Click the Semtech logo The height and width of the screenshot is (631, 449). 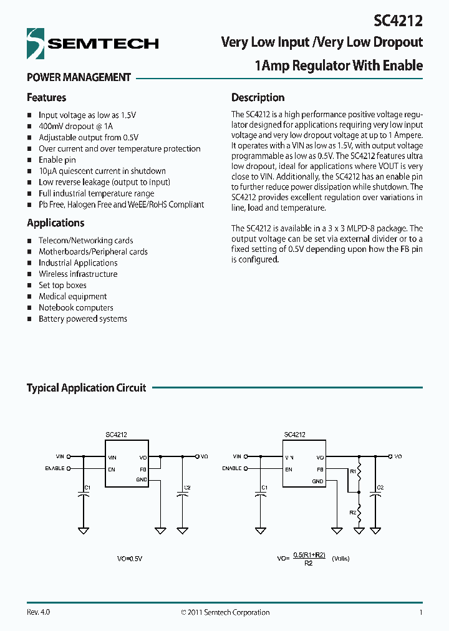click(x=92, y=44)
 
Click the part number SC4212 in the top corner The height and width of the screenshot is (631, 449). click(x=398, y=21)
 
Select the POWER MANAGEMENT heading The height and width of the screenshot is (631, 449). click(x=79, y=77)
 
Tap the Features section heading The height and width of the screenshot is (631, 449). click(x=46, y=97)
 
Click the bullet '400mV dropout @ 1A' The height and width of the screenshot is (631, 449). click(x=77, y=126)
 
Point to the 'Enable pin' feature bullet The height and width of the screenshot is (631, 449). click(x=57, y=160)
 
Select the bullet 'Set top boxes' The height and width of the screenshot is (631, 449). click(x=62, y=285)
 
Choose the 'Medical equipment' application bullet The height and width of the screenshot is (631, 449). click(x=72, y=296)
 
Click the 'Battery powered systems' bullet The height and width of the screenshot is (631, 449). click(x=82, y=319)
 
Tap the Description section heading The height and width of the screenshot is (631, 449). click(x=258, y=97)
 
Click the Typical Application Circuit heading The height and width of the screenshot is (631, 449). click(x=86, y=388)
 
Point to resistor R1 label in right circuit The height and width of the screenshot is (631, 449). click(x=352, y=472)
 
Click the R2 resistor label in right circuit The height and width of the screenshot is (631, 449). click(x=352, y=512)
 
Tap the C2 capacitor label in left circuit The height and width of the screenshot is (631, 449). click(x=187, y=487)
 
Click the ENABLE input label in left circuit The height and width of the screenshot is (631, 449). click(x=54, y=468)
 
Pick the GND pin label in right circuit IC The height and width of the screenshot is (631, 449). click(x=318, y=481)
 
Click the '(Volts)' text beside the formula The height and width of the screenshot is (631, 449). click(x=340, y=559)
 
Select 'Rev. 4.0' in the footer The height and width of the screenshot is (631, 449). click(x=38, y=612)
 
